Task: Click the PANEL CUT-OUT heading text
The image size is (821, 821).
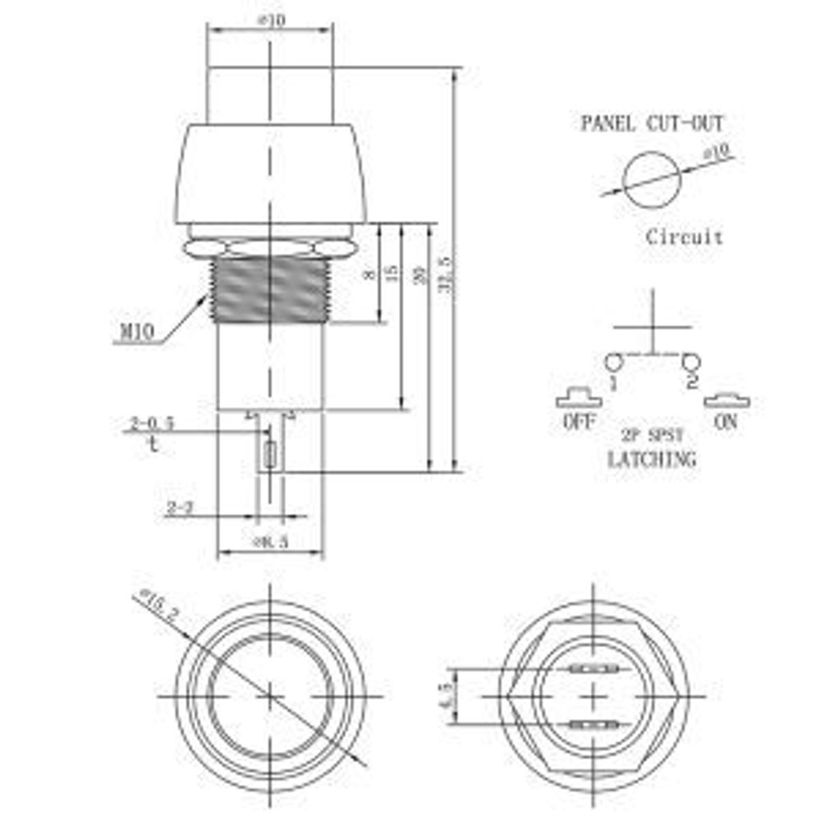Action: (653, 124)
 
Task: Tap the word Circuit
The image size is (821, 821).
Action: (684, 237)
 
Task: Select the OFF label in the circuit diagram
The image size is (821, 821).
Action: (579, 424)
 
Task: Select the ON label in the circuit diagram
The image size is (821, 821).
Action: (727, 424)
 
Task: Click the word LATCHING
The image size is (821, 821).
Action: (651, 460)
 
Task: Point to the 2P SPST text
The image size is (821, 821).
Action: (651, 436)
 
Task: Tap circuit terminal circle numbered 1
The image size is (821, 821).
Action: (612, 361)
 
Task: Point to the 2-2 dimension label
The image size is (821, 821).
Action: (178, 509)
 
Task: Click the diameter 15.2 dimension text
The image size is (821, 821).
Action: (160, 605)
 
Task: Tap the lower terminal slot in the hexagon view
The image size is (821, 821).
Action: (590, 725)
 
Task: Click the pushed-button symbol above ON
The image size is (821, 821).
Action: (727, 401)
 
